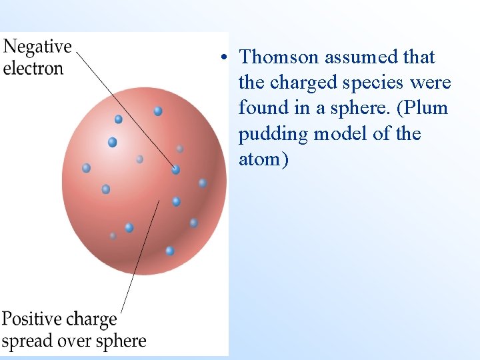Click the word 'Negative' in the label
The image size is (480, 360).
(x=37, y=47)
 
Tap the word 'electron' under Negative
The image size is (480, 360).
(x=33, y=68)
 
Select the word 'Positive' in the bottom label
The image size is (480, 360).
(x=31, y=319)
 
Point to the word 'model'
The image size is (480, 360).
(x=340, y=134)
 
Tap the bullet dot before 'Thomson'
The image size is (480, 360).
(x=227, y=57)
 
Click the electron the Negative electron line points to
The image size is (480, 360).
(x=175, y=169)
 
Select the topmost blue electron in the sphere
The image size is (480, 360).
(x=158, y=111)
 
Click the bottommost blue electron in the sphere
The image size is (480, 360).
(x=170, y=251)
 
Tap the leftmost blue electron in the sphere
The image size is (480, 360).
(x=86, y=168)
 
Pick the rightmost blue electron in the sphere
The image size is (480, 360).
(x=203, y=183)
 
